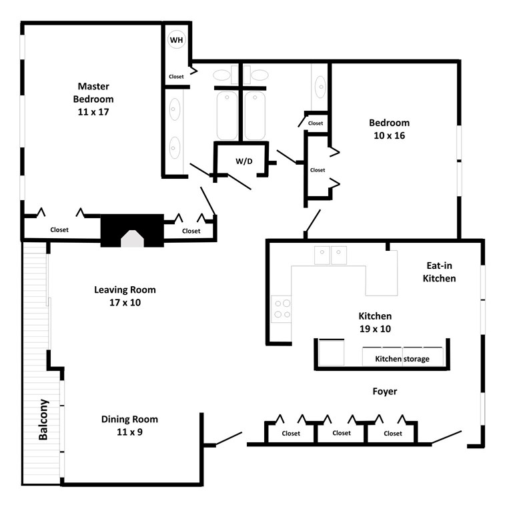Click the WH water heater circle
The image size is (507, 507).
pos(177,40)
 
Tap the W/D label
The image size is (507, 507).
pos(243,161)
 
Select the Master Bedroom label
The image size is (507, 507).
pos(93,92)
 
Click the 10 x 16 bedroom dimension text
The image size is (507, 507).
pos(390,135)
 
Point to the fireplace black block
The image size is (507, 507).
pos(132,230)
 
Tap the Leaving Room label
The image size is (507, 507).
pos(125,290)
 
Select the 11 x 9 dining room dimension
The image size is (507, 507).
pos(129,432)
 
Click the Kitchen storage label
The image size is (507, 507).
pos(402,359)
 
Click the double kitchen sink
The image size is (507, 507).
pos(331,255)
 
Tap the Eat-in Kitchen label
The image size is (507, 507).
pos(439,272)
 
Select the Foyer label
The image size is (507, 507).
pos(385,392)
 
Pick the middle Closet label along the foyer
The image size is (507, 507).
pos(341,433)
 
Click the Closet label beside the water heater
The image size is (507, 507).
pos(176,77)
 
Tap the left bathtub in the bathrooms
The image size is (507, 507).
pos(227,115)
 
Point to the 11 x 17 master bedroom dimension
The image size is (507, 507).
pos(93,111)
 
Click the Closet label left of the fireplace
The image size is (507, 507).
pos(59,230)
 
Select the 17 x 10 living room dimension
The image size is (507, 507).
pos(125,302)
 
